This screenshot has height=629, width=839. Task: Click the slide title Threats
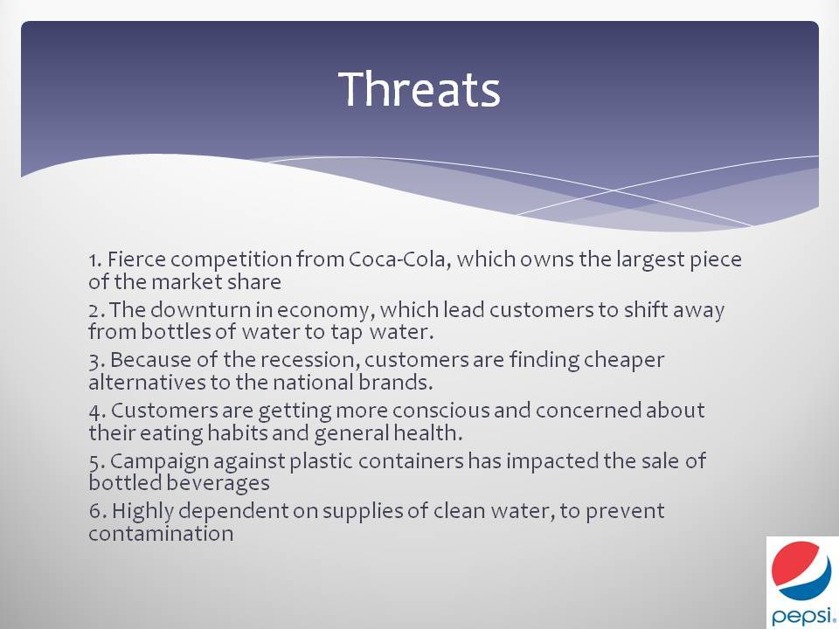click(419, 89)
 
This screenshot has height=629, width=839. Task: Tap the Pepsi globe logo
click(801, 570)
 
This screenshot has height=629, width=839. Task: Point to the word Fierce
click(136, 259)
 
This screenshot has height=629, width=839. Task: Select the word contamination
click(161, 533)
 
